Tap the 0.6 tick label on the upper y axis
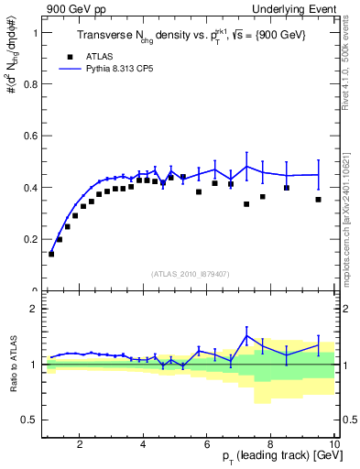click(29, 136)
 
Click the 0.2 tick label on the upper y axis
click(29, 239)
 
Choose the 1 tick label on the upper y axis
click(34, 33)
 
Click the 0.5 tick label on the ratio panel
click(29, 420)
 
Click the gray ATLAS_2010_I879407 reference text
click(190, 273)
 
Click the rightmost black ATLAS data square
click(319, 200)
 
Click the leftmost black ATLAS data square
click(51, 254)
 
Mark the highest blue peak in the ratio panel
click(246, 335)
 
